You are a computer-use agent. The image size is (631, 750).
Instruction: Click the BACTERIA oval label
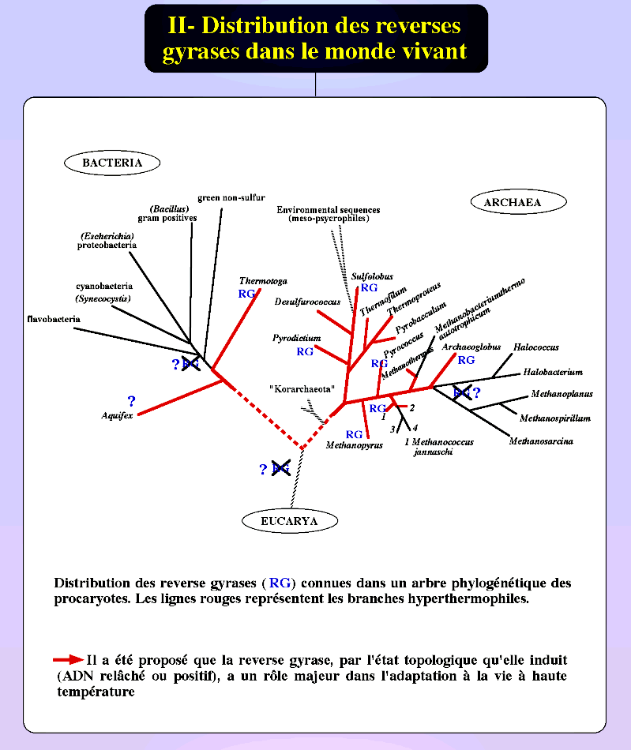[x=112, y=163]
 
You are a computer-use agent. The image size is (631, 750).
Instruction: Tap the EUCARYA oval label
[x=289, y=521]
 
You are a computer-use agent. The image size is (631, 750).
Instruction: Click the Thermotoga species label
[x=263, y=281]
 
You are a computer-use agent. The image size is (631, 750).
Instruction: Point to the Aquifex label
[x=117, y=415]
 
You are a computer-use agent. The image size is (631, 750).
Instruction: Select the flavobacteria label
[x=52, y=320]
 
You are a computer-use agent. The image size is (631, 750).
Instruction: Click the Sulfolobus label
[x=372, y=276]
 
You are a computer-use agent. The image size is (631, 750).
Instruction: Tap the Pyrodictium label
[x=297, y=338]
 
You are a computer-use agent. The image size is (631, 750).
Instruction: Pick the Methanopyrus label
[x=354, y=445]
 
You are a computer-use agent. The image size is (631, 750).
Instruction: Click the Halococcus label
[x=535, y=347]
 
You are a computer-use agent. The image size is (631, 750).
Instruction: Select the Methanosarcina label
[x=541, y=441]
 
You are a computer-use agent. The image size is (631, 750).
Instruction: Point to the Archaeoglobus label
[x=471, y=347]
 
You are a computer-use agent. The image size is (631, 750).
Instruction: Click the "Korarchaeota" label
[x=302, y=389]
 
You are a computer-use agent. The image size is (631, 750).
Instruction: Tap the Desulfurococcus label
[x=308, y=302]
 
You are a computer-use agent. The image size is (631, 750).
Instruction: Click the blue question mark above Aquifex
[x=131, y=401]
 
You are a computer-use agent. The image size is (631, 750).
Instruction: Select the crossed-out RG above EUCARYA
[x=280, y=468]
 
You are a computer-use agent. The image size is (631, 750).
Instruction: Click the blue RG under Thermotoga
[x=247, y=294]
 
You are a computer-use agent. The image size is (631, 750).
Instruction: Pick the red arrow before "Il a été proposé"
[x=69, y=659]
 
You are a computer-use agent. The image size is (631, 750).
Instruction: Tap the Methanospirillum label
[x=554, y=418]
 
